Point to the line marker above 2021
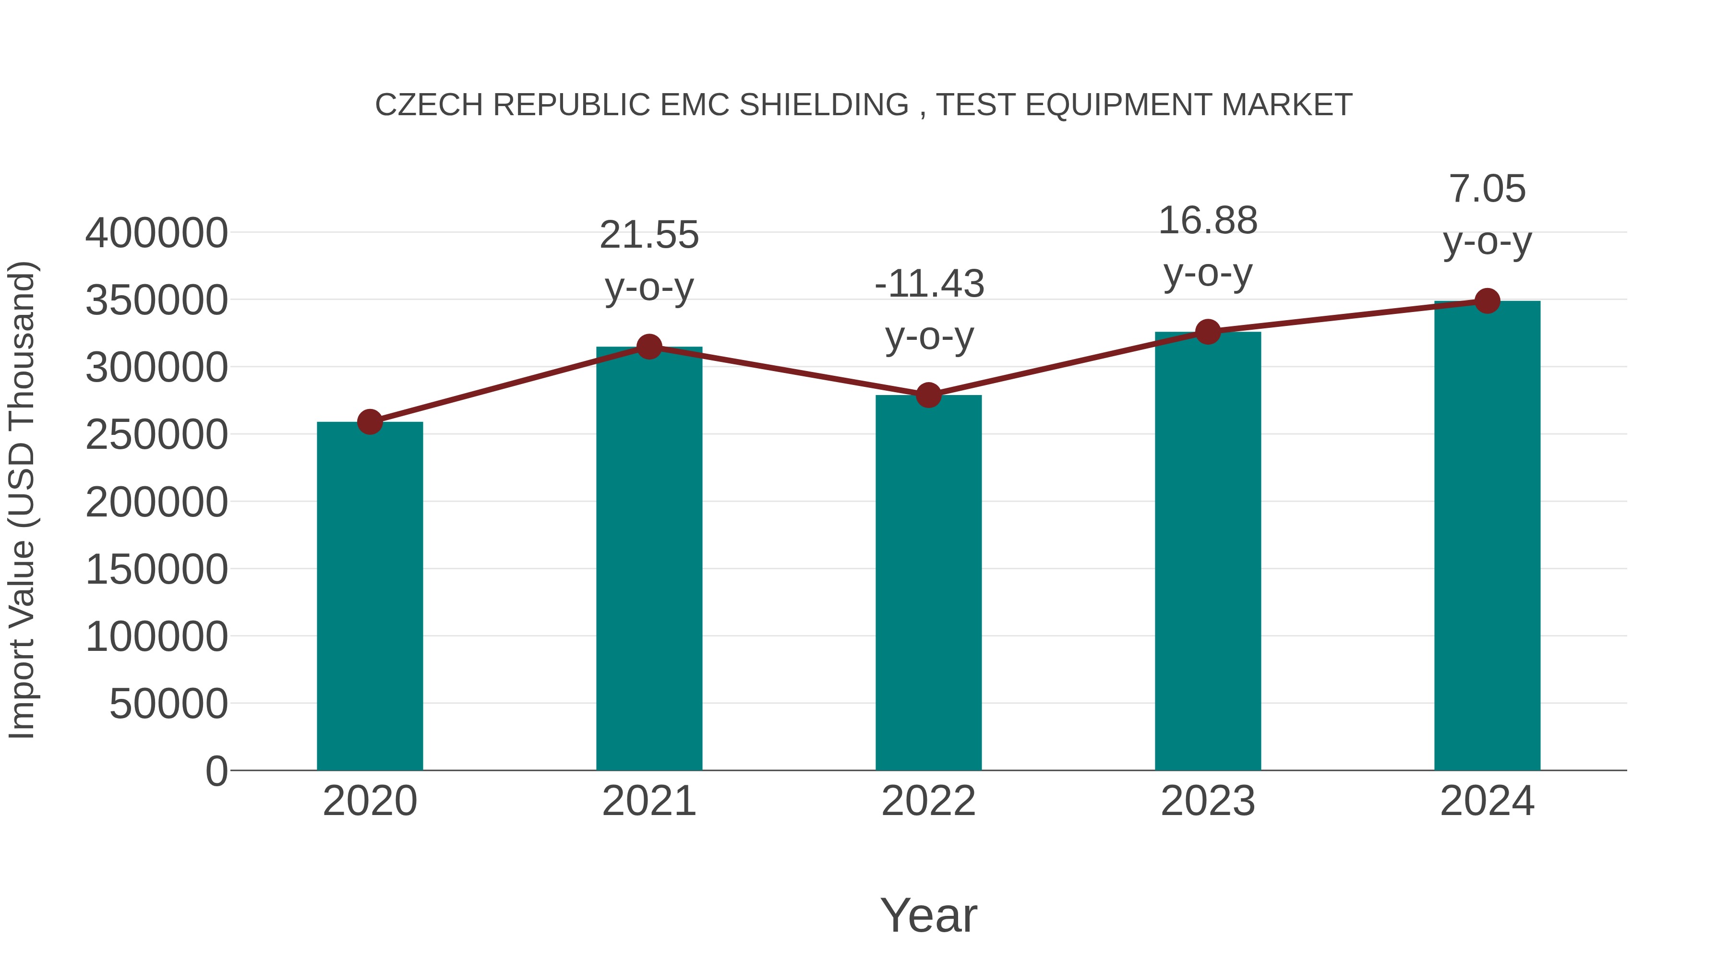click(x=648, y=347)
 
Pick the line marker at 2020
click(x=370, y=422)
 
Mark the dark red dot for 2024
click(x=1487, y=301)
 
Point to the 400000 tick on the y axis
click(x=156, y=233)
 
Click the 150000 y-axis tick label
click(x=156, y=569)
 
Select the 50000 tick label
click(x=168, y=704)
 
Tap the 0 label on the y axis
click(x=216, y=771)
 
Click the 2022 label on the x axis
click(x=928, y=801)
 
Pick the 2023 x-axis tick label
click(x=1208, y=801)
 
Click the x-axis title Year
click(x=928, y=915)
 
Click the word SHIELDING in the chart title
click(x=824, y=105)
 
